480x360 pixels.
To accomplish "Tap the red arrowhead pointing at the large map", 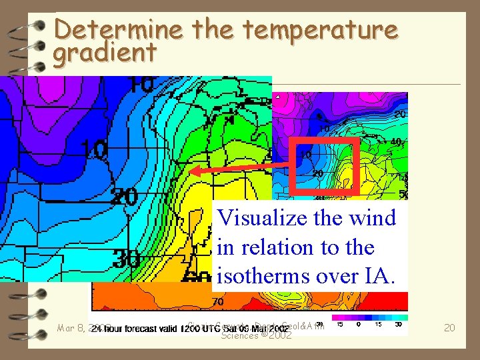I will click(x=193, y=171).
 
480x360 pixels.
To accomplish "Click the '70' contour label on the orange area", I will click(x=218, y=302).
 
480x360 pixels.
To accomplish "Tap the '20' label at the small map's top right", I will click(x=399, y=115).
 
